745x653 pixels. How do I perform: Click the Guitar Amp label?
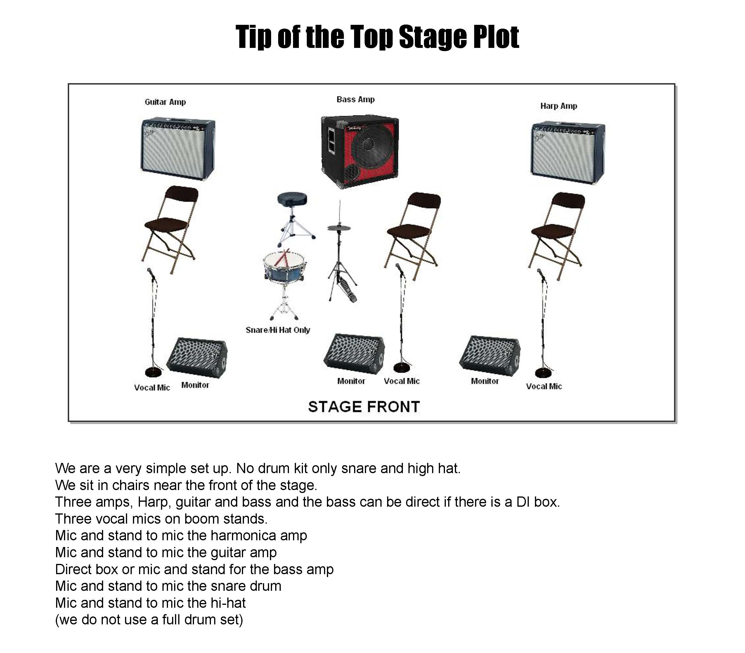click(165, 102)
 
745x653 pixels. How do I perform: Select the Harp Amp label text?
click(558, 106)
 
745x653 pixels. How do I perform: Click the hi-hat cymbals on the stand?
click(339, 228)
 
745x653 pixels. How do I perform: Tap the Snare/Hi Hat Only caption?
click(278, 330)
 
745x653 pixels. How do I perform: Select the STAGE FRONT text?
click(364, 407)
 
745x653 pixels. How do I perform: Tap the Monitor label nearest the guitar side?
click(195, 385)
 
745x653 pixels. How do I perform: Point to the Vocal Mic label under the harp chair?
click(543, 387)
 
